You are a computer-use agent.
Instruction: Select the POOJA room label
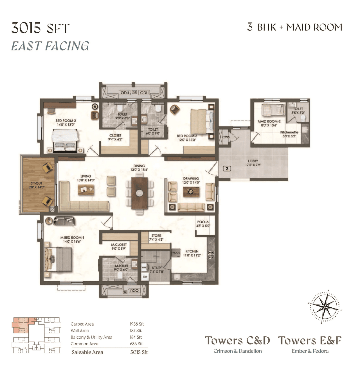point(203,222)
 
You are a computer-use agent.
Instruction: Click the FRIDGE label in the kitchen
point(175,253)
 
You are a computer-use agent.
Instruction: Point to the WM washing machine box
point(144,268)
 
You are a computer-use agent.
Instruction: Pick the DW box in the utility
point(145,277)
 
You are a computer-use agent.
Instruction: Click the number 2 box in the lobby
point(227,169)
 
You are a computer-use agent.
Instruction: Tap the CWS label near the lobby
point(226,137)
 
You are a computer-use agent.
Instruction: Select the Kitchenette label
point(289,132)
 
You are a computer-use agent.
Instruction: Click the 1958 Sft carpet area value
point(137,324)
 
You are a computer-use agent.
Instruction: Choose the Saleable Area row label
point(87,352)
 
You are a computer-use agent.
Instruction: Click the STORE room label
point(156,236)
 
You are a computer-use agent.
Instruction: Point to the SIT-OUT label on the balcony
point(37,183)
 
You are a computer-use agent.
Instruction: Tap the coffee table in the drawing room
point(191,192)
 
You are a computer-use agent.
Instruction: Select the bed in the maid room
point(273,110)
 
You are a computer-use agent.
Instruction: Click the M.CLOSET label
point(119,245)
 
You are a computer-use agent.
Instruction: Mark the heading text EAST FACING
point(50,46)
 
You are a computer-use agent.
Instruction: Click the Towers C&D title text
point(237,341)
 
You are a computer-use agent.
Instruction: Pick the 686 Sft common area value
point(136,344)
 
